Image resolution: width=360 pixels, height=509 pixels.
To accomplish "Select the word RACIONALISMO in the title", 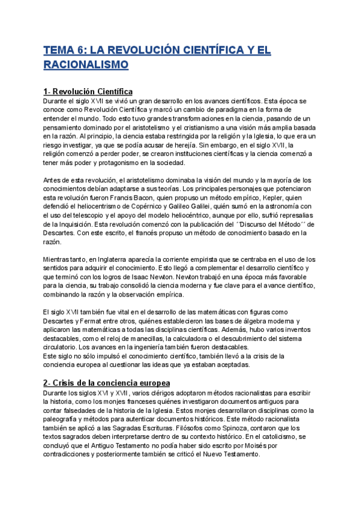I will point(86,64).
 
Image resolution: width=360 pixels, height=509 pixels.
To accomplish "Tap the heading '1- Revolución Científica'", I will point(88,91).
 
